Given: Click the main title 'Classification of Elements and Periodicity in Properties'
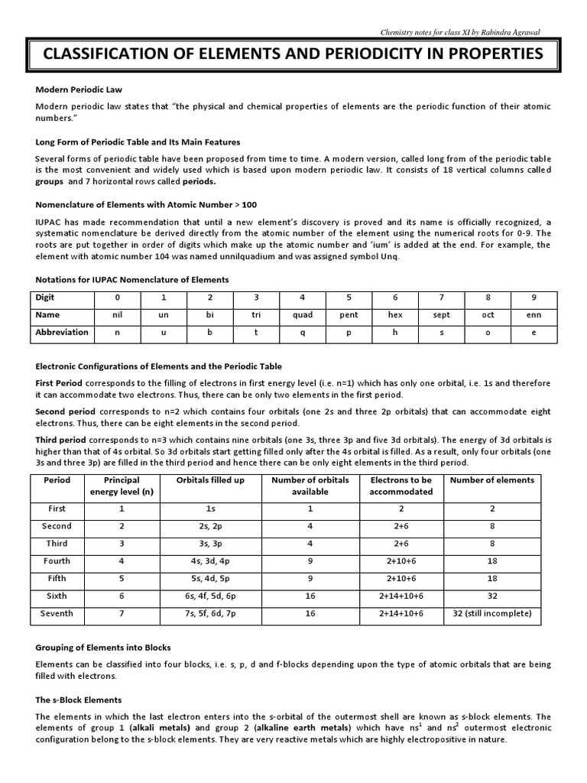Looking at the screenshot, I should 293,55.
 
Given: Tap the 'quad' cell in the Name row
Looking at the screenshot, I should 303,315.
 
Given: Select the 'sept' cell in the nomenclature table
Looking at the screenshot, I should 442,315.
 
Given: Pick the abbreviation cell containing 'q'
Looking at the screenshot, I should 303,333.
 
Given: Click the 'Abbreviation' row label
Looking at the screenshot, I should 62,333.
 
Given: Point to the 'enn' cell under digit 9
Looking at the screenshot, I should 534,315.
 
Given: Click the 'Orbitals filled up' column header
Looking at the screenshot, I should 210,480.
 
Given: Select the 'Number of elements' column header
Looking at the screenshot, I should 492,480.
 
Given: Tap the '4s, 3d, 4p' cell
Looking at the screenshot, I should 210,561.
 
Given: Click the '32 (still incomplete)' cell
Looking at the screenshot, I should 492,613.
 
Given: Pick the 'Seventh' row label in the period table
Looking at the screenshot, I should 57,613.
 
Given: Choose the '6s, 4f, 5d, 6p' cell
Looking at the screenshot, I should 210,596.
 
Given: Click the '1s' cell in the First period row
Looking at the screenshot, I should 210,508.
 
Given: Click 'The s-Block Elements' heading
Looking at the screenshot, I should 79,700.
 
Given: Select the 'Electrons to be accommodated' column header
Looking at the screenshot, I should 401,486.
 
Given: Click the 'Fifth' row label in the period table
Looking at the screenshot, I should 57,578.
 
